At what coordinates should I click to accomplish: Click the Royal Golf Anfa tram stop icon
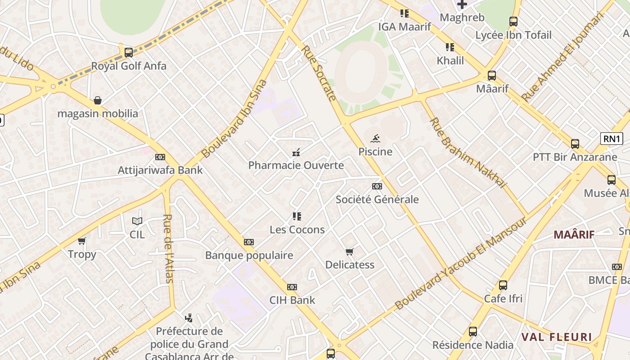pyautogui.click(x=129, y=52)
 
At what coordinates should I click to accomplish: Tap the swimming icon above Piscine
pyautogui.click(x=376, y=138)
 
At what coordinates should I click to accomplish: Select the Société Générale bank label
pyautogui.click(x=377, y=199)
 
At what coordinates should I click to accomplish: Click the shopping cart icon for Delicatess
pyautogui.click(x=350, y=252)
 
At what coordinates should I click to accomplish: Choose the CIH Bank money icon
pyautogui.click(x=292, y=287)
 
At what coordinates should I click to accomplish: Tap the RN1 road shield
pyautogui.click(x=612, y=139)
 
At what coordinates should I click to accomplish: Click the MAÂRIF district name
pyautogui.click(x=574, y=234)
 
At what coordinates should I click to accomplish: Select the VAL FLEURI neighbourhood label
pyautogui.click(x=556, y=337)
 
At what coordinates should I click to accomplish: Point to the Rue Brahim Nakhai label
pyautogui.click(x=468, y=153)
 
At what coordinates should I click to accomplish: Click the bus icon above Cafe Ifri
pyautogui.click(x=503, y=285)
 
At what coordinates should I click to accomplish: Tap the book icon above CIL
pyautogui.click(x=137, y=221)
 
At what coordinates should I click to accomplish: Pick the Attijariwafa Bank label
pyautogui.click(x=160, y=170)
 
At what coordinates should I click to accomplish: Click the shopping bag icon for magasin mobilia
pyautogui.click(x=98, y=100)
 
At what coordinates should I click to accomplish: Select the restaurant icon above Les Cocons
pyautogui.click(x=297, y=216)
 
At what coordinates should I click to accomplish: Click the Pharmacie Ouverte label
pyautogui.click(x=296, y=165)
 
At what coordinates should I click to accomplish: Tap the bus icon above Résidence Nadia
pyautogui.click(x=473, y=332)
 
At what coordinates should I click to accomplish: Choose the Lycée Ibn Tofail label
pyautogui.click(x=513, y=35)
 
